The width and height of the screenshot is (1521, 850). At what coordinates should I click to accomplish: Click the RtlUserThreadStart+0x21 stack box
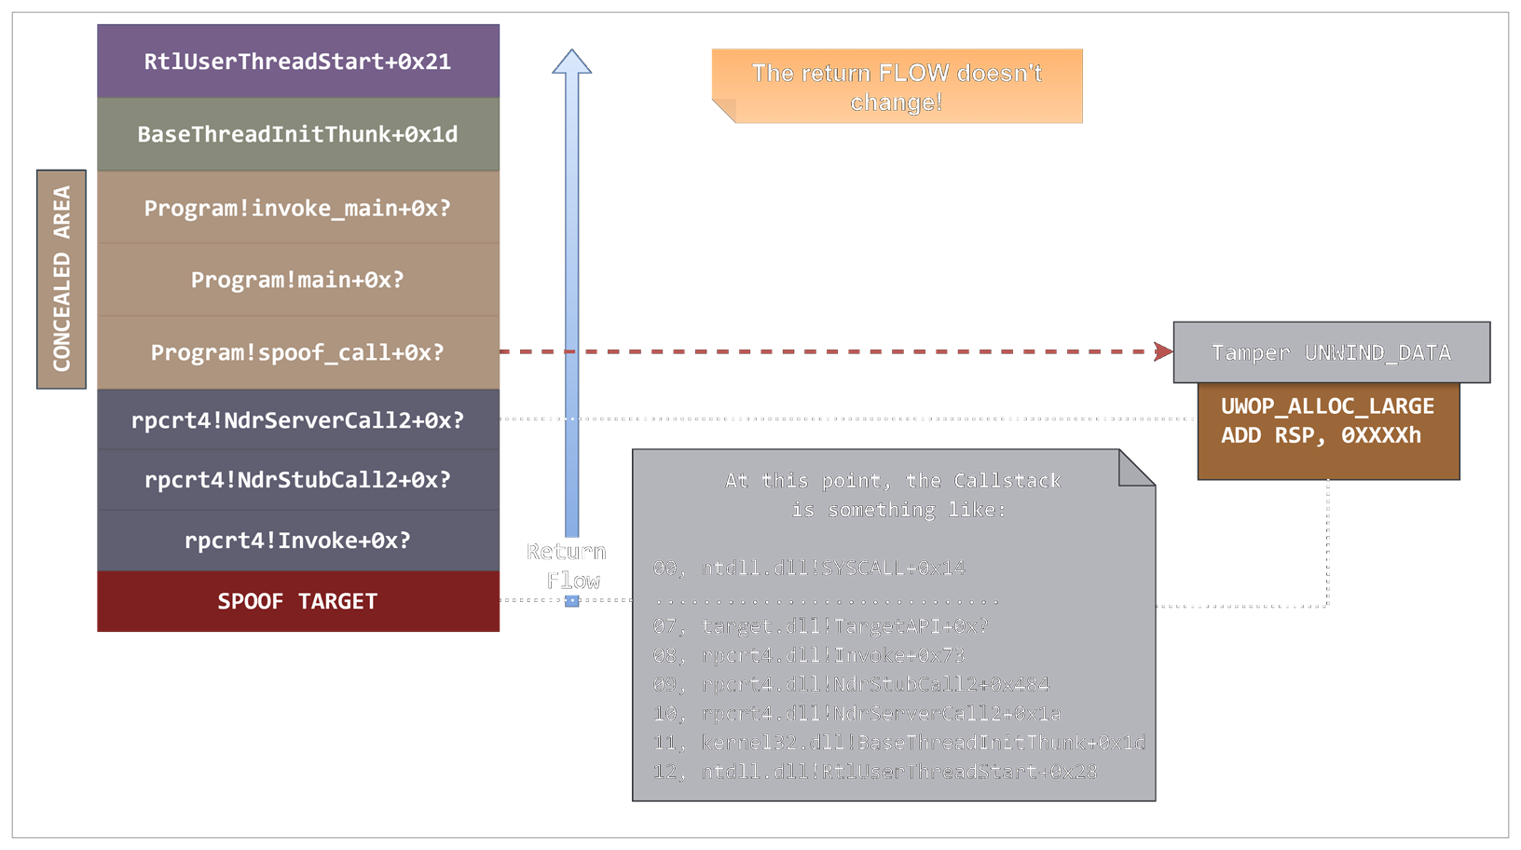[298, 62]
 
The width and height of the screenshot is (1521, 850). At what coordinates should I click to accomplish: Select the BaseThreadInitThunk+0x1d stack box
[298, 134]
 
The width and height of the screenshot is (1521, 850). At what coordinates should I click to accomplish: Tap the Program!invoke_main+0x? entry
[298, 208]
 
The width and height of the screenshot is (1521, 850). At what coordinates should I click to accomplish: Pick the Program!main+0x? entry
[298, 280]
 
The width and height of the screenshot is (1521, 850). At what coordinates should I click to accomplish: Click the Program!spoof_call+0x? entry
[298, 352]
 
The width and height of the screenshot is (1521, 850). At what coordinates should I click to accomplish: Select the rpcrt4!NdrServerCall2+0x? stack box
[298, 420]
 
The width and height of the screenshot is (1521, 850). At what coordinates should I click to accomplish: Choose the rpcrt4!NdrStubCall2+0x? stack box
[298, 480]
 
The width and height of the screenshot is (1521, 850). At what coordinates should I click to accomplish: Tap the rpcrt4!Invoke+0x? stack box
[298, 541]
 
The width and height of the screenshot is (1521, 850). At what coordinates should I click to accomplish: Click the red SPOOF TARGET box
[298, 601]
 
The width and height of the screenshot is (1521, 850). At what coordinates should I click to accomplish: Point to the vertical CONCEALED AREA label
[62, 279]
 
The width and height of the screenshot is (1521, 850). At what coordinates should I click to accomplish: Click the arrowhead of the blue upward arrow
[571, 62]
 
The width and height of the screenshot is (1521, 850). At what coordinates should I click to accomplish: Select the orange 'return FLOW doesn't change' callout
[897, 87]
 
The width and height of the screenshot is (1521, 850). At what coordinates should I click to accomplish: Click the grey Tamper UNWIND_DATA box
[1331, 352]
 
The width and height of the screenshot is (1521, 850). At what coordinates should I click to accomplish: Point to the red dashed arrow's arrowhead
[1163, 351]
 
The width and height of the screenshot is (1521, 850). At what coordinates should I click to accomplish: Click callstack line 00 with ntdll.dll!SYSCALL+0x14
[809, 569]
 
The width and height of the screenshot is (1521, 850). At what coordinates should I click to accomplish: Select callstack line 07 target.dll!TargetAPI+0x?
[820, 626]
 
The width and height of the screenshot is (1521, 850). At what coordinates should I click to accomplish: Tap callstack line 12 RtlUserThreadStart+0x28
[874, 772]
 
